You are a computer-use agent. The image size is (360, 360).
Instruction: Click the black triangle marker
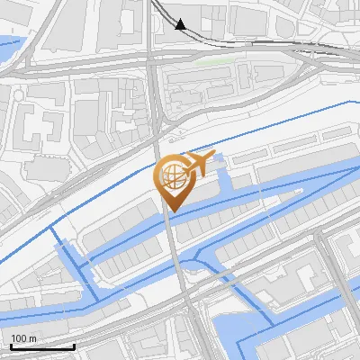[x=181, y=24]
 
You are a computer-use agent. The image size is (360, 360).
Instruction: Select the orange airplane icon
[x=199, y=165]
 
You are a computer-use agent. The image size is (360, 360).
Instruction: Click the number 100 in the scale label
[x=18, y=338]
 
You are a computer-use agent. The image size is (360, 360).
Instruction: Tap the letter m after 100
[x=31, y=338]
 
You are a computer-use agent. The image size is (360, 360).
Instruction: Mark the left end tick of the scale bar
[x=12, y=345]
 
